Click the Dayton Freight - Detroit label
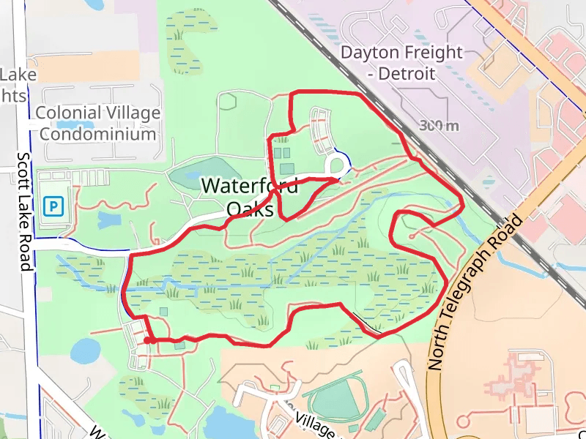tap(402, 63)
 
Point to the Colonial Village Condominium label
tap(97, 123)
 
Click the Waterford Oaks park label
tap(250, 198)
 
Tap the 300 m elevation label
tap(439, 126)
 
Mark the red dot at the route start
tap(148, 340)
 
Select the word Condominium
tap(97, 134)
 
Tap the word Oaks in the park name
tap(250, 210)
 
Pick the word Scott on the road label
tap(24, 169)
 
